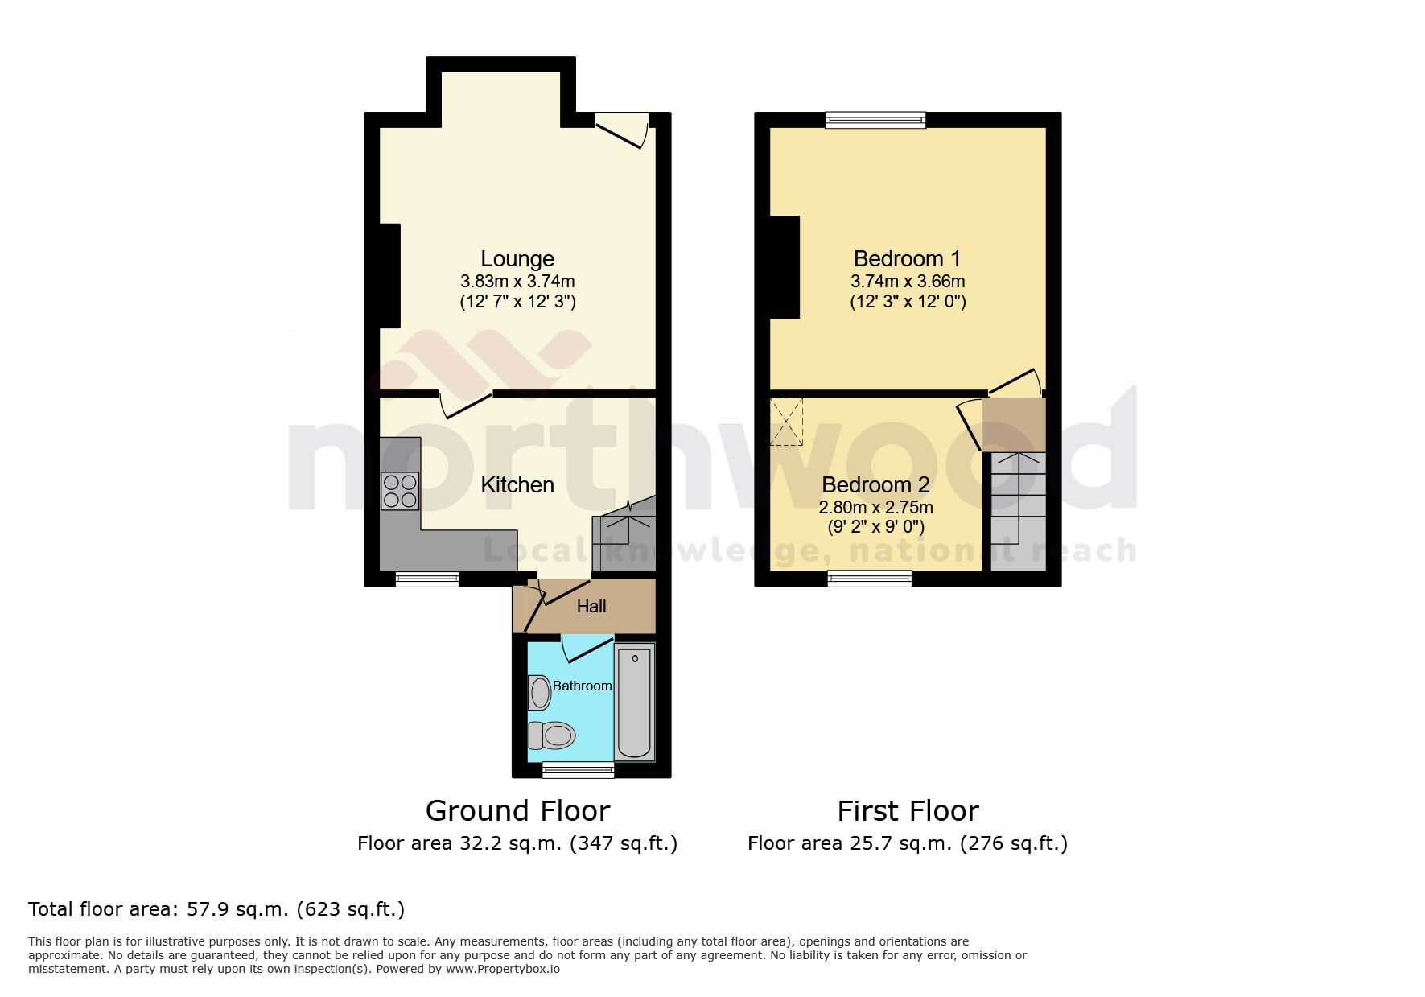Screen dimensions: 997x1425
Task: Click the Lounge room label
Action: [517, 259]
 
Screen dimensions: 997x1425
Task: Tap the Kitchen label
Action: [517, 485]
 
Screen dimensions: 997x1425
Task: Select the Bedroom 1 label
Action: [907, 259]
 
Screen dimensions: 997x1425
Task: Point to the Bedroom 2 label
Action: [875, 485]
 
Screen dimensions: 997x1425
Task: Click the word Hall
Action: [591, 607]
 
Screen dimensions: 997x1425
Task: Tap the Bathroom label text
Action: [582, 686]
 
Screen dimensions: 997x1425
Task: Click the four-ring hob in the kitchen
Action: [400, 491]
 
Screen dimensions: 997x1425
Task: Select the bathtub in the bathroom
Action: [635, 702]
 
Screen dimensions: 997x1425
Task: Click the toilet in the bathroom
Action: [552, 735]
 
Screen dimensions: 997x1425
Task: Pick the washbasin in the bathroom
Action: [539, 693]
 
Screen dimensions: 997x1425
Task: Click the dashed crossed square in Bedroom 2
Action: [786, 422]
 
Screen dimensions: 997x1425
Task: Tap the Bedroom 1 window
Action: [875, 121]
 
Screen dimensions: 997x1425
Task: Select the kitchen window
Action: [427, 579]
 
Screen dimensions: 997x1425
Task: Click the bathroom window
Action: [578, 771]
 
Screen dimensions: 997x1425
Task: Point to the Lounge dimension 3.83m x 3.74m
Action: [517, 282]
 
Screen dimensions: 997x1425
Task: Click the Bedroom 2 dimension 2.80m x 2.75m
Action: [875, 508]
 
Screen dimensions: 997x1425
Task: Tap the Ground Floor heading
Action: [517, 811]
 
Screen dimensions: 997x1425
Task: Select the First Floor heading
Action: [908, 811]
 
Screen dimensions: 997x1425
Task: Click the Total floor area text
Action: [216, 909]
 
